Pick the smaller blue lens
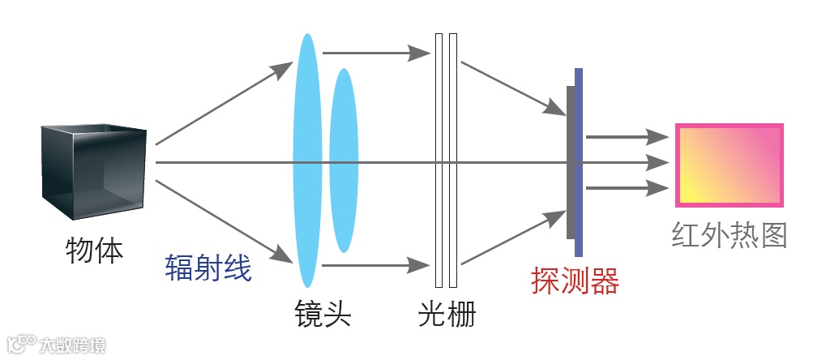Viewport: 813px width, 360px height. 343,161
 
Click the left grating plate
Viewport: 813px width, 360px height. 439,161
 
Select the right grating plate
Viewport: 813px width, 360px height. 453,161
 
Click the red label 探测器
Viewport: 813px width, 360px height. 575,281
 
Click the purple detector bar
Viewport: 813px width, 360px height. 579,162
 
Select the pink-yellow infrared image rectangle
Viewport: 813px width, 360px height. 730,165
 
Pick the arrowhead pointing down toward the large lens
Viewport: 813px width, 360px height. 283,257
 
